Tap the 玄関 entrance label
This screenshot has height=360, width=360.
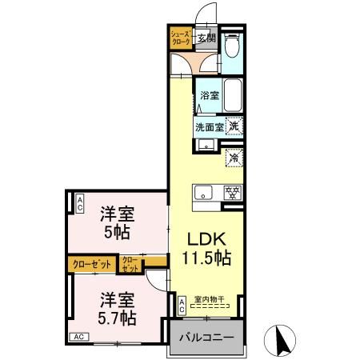pos(207,37)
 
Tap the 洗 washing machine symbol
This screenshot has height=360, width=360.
pos(234,125)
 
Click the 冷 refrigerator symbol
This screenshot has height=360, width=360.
pos(234,158)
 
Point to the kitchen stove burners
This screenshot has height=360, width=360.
pos(232,193)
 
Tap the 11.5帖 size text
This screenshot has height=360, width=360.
pos(210,258)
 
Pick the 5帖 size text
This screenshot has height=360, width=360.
pos(116,234)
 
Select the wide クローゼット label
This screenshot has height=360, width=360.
pos(90,262)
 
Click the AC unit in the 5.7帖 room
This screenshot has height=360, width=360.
pos(81,337)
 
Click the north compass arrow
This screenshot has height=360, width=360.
pos(282,339)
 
